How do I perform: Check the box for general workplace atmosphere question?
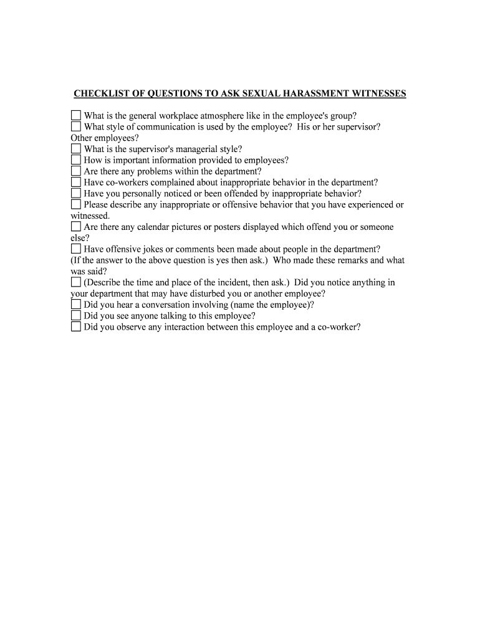[x=76, y=115]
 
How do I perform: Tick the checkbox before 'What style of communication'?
[x=76, y=126]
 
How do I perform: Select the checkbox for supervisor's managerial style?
[x=76, y=149]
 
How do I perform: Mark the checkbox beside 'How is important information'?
[x=76, y=160]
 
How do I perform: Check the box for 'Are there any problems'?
[x=76, y=171]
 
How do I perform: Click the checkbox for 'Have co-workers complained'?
[x=76, y=183]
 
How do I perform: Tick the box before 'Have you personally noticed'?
[x=76, y=194]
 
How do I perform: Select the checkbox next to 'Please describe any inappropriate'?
[x=76, y=204]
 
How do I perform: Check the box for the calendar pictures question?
[x=76, y=227]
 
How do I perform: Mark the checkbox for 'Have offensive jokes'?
[x=76, y=249]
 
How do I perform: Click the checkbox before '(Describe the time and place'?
[x=76, y=282]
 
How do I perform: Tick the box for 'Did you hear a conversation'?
[x=76, y=305]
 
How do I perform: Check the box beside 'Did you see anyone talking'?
[x=76, y=316]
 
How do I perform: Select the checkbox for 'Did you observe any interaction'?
[x=76, y=326]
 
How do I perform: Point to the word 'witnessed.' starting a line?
[x=90, y=216]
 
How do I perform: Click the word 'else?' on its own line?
[x=80, y=238]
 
